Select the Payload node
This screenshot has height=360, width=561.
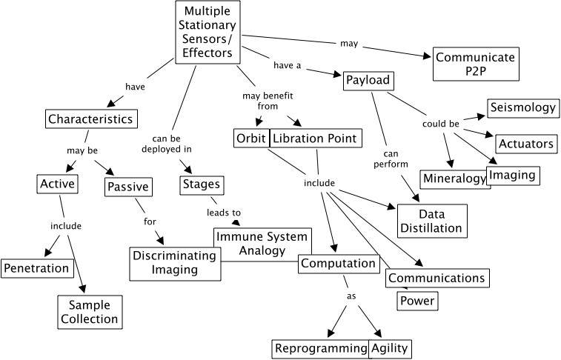point(367,81)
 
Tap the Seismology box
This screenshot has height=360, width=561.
point(521,107)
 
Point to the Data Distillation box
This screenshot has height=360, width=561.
point(431,220)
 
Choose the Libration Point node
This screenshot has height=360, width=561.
point(316,138)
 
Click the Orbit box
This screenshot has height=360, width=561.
point(250,138)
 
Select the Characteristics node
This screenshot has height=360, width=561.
point(90,119)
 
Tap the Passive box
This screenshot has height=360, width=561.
point(127,186)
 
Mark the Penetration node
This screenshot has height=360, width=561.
point(36,267)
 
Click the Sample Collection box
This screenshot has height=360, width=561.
point(89,311)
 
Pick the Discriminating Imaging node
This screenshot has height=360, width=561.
point(176,263)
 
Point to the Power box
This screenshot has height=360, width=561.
point(416,301)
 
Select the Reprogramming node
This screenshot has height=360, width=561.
point(320,348)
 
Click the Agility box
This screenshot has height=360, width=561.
point(389,348)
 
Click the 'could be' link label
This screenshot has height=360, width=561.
point(440,123)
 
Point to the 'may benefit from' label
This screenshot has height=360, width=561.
point(259,101)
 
